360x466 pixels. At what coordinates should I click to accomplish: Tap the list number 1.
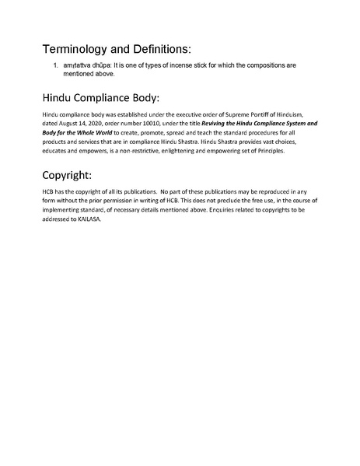(57, 65)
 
